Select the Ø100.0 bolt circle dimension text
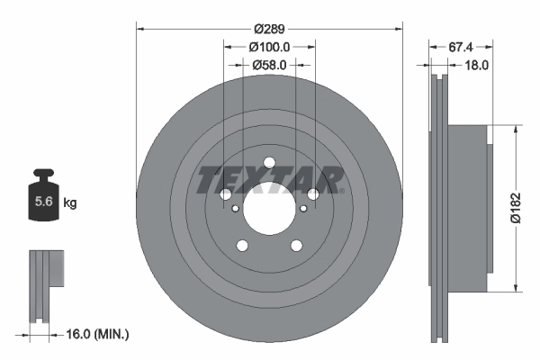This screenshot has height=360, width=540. tap(269, 46)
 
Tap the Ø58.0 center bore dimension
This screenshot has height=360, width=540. tap(269, 65)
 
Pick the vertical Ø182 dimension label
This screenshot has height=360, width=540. tap(515, 208)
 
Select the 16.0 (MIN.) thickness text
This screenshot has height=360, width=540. tap(97, 334)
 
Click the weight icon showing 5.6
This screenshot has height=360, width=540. tap(42, 201)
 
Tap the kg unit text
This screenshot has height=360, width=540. tap(70, 203)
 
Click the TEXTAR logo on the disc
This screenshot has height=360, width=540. tap(269, 179)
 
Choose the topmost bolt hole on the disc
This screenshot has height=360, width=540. tap(268, 162)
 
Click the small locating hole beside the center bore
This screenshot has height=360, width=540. tap(235, 210)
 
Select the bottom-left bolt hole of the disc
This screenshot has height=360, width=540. tap(241, 247)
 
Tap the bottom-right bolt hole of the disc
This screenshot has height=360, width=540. tap(295, 247)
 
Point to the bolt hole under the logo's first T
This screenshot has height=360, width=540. tap(224, 194)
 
